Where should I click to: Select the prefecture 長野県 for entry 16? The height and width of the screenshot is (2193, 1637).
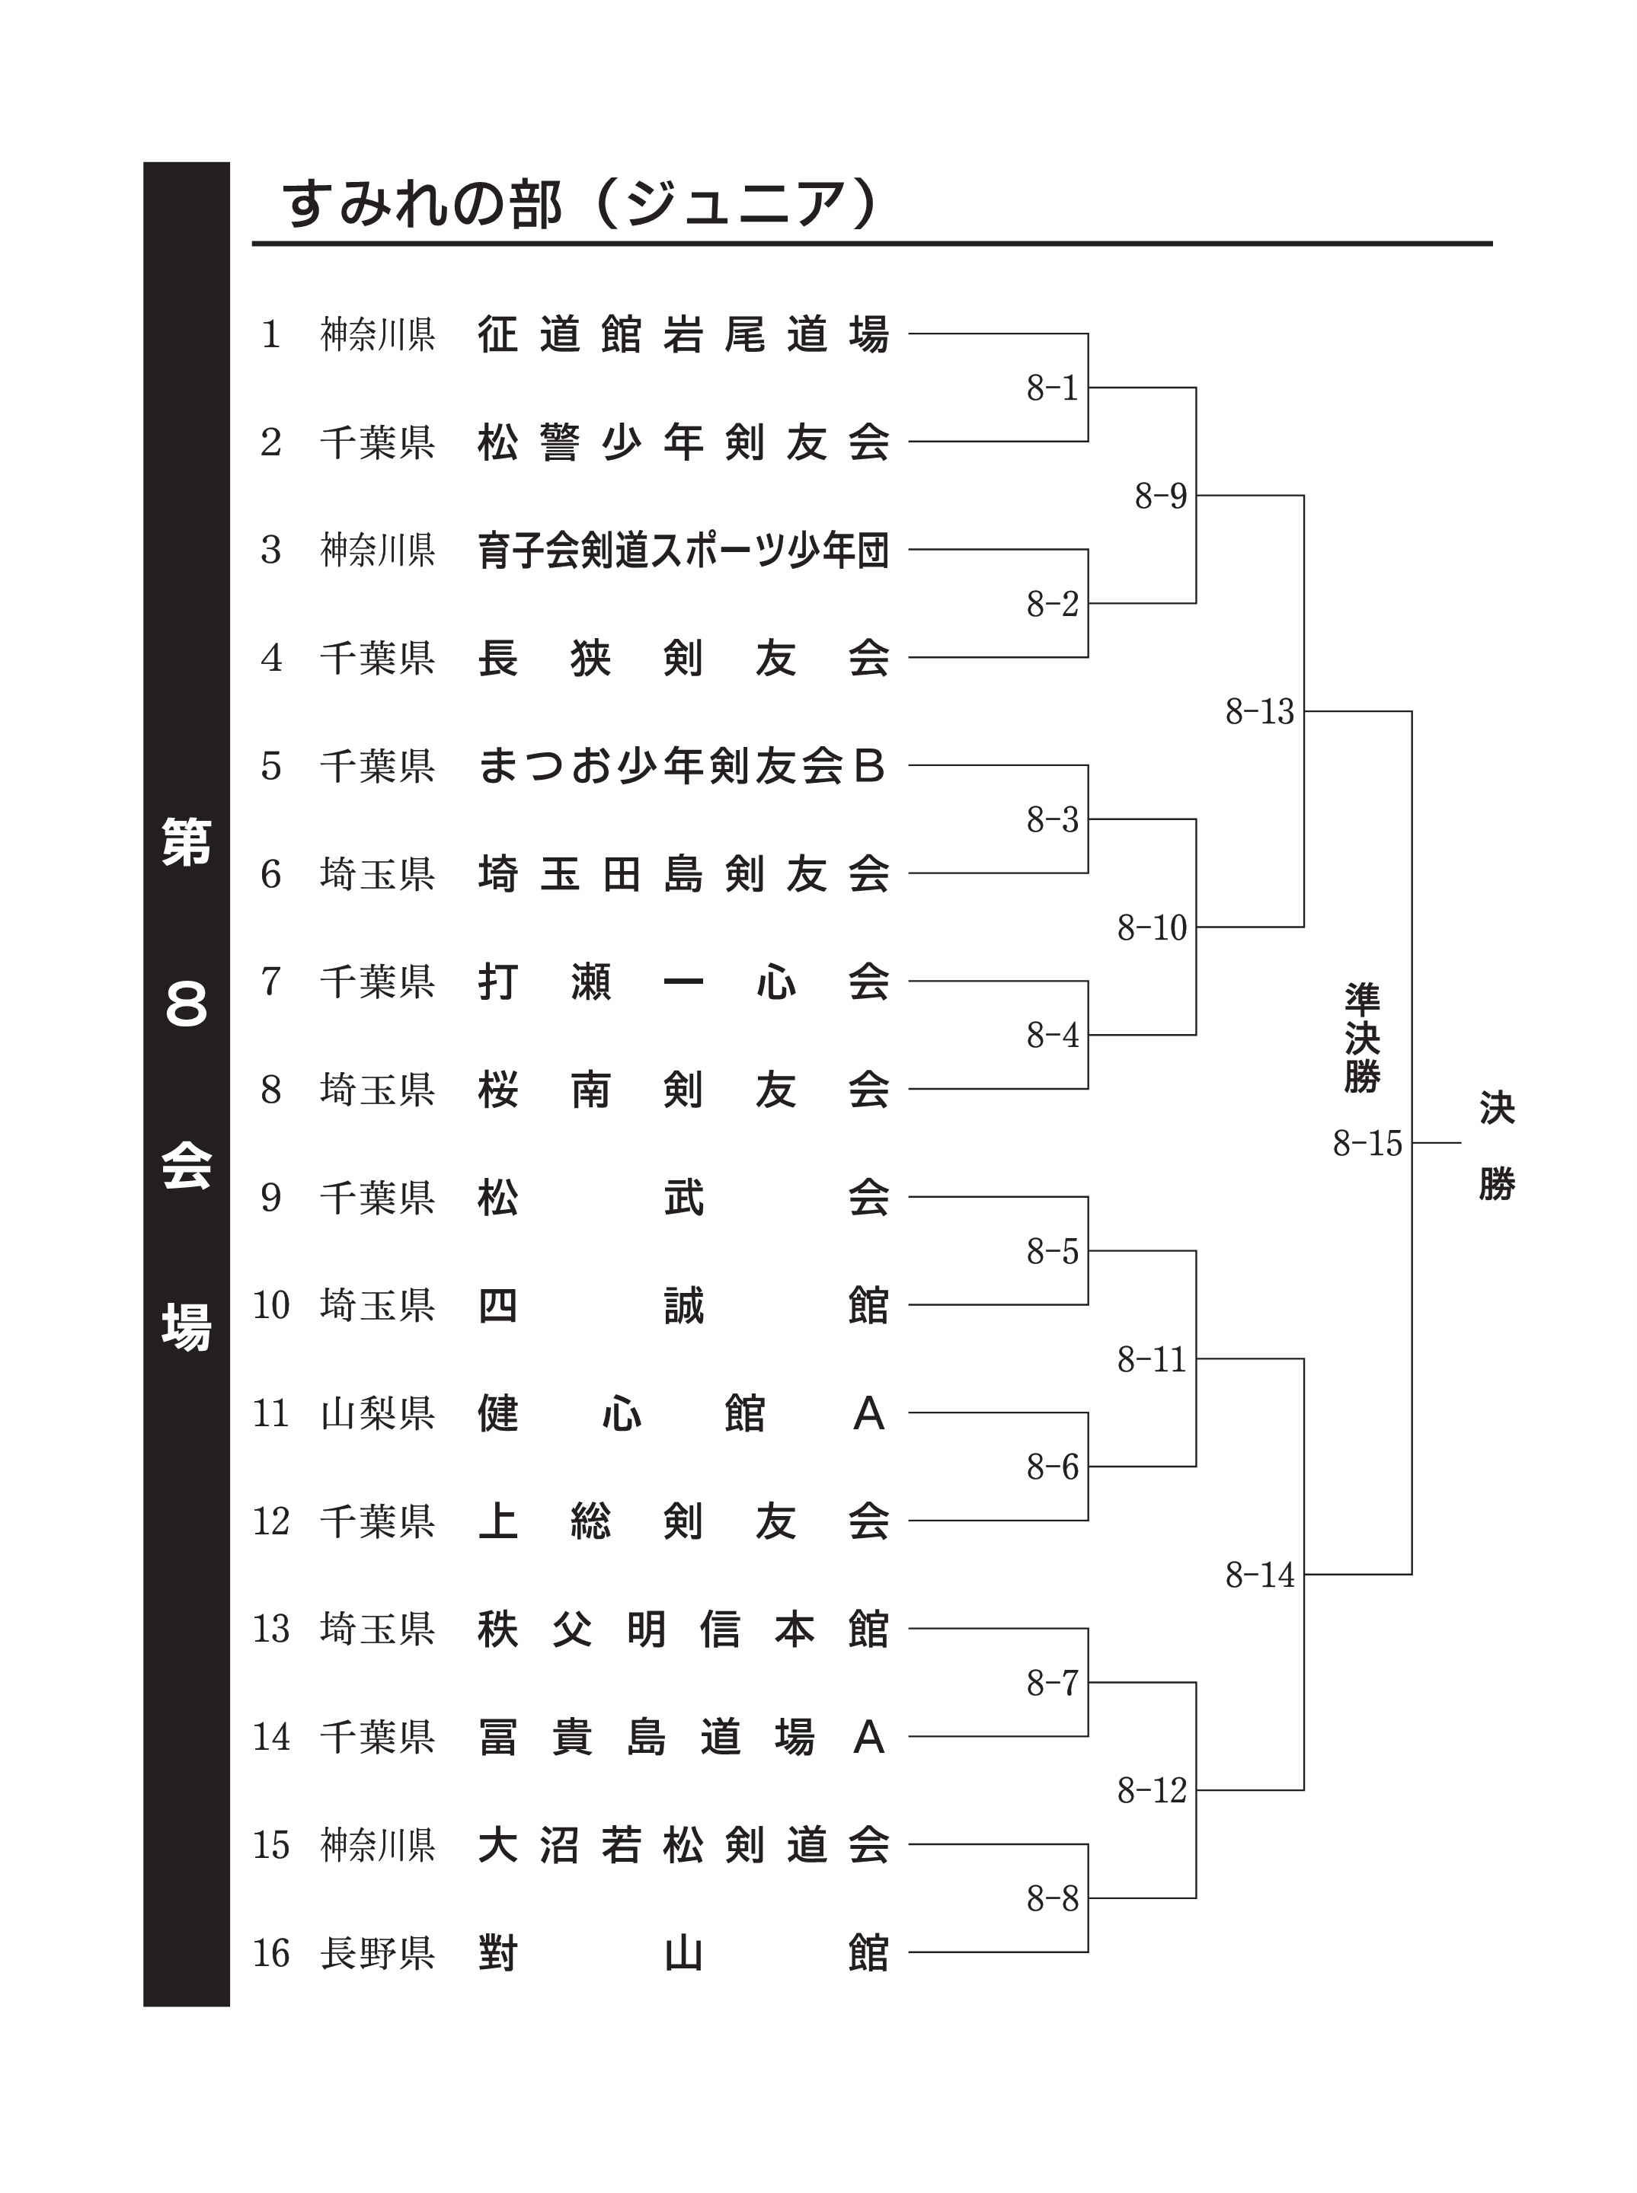point(378,1953)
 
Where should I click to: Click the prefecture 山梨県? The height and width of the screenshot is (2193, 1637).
point(378,1413)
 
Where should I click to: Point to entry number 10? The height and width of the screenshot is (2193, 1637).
point(270,1305)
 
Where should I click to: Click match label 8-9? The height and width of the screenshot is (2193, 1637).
point(1160,495)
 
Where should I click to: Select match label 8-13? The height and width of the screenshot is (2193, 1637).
point(1259,711)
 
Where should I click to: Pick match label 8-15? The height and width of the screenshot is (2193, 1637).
point(1367,1143)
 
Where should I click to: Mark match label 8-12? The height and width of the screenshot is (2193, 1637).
point(1152,1791)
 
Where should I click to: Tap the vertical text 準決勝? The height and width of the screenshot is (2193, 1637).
point(1363,1038)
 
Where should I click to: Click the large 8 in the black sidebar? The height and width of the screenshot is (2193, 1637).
point(187,1004)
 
